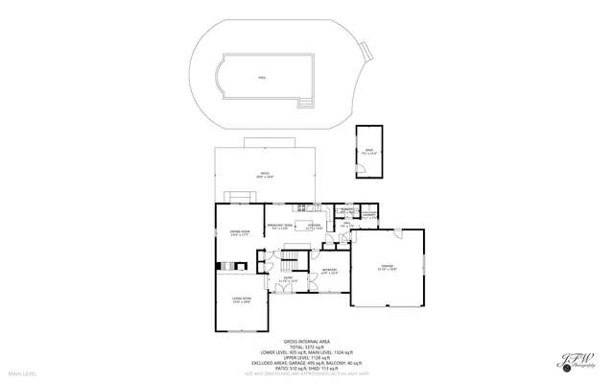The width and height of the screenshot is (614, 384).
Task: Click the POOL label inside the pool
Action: click(263, 78)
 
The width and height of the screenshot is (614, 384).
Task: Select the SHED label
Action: click(368, 151)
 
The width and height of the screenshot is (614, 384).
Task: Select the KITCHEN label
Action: click(314, 228)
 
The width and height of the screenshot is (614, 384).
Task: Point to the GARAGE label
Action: click(387, 268)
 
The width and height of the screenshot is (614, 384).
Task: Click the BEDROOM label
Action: click(329, 273)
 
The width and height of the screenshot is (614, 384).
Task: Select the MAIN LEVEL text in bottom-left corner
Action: click(22, 372)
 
